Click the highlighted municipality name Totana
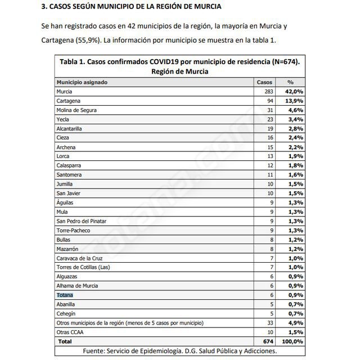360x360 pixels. (65, 295)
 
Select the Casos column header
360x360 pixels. (264, 82)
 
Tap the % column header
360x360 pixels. (290, 82)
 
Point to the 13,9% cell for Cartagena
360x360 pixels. (295, 100)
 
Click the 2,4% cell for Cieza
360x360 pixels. (296, 137)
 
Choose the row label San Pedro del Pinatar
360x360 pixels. (84, 220)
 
